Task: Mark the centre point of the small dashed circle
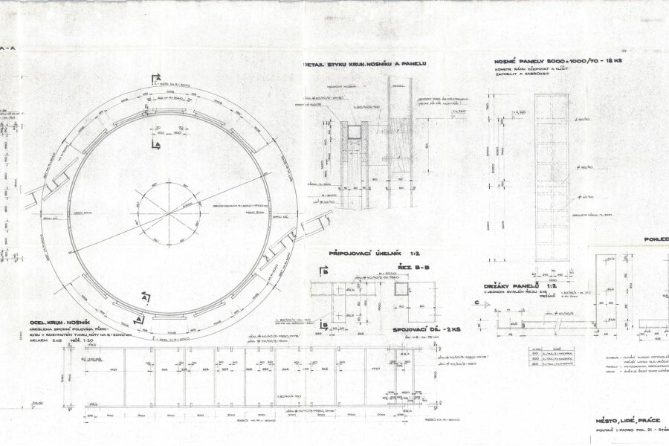tap(167, 213)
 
